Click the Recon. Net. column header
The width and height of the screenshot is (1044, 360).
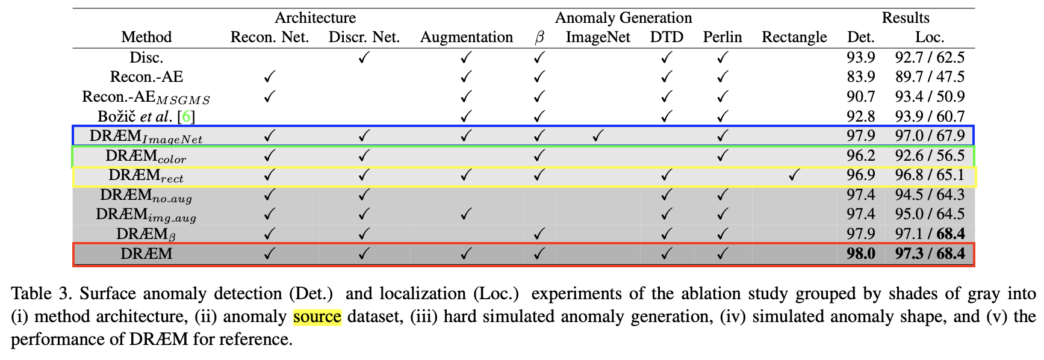(x=269, y=37)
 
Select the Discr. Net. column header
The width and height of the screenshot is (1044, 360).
(x=364, y=37)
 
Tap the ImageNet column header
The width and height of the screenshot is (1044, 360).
(x=598, y=37)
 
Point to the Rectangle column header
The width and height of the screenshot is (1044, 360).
(x=794, y=37)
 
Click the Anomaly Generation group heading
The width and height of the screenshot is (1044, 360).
(x=623, y=18)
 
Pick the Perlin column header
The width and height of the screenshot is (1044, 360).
(x=722, y=37)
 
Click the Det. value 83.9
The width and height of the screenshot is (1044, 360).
(x=861, y=77)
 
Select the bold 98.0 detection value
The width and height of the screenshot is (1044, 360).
(x=861, y=253)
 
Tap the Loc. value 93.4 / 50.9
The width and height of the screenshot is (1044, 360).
(x=930, y=96)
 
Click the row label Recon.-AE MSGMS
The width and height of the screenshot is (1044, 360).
(x=146, y=97)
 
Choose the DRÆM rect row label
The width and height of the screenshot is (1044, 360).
(x=146, y=176)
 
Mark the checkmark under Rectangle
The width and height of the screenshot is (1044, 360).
(x=794, y=175)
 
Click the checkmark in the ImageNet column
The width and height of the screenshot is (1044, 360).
(x=597, y=136)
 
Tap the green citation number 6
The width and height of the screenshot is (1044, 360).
(x=187, y=116)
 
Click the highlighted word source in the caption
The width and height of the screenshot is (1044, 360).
(x=317, y=317)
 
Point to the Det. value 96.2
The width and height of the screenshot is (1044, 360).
(x=861, y=155)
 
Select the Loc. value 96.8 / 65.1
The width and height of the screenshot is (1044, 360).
(x=930, y=175)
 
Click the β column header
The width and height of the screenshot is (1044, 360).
(x=539, y=38)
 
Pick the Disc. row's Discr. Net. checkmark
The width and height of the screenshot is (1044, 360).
(x=364, y=58)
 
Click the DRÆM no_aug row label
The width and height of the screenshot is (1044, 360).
(x=146, y=196)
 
